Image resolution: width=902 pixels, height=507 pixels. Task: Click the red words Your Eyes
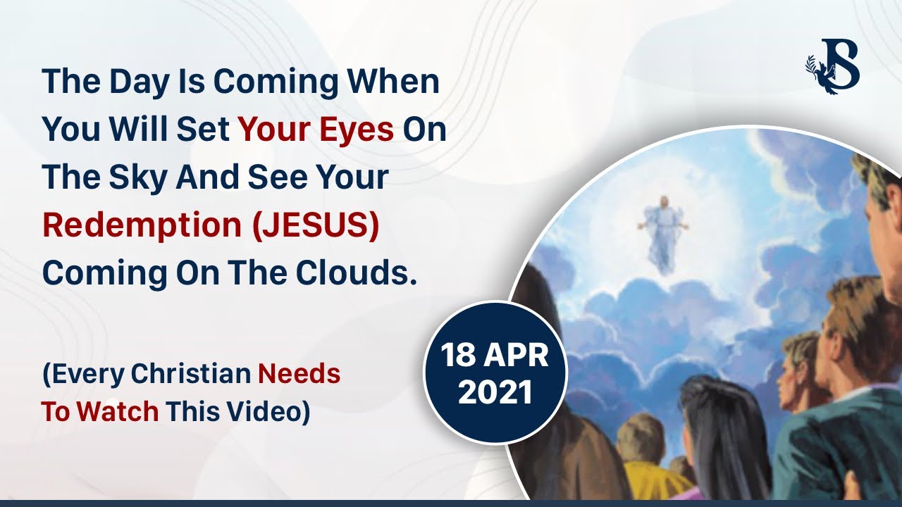click(x=316, y=130)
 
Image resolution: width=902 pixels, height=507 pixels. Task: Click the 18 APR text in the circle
click(x=495, y=356)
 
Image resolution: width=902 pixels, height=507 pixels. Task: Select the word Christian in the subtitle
click(x=190, y=374)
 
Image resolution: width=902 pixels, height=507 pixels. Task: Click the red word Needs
click(x=299, y=374)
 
